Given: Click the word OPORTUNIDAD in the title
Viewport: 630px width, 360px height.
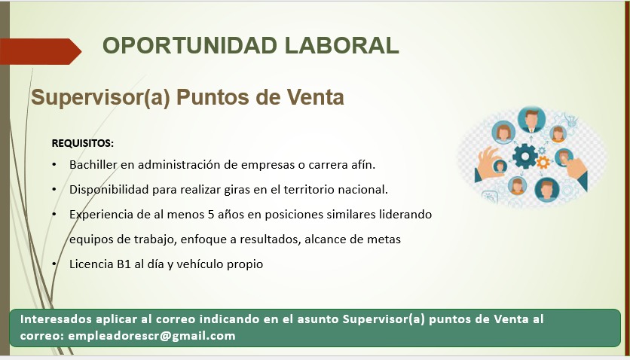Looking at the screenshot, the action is [190, 45].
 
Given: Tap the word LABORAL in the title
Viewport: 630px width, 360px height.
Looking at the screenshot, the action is [342, 45].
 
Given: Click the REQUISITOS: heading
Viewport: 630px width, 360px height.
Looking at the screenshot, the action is [83, 143].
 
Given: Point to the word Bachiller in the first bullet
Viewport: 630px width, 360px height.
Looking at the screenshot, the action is [93, 164].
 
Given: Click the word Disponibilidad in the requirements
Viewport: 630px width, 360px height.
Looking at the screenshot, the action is [109, 190].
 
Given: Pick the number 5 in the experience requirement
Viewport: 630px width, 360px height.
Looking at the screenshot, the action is [211, 215].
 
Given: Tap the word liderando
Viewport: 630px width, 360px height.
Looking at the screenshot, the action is [405, 214].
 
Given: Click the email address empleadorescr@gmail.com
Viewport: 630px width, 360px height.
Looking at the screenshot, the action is [151, 336].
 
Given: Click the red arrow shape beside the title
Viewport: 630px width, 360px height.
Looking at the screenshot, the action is [41, 51].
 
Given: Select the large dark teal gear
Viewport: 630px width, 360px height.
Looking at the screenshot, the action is [524, 157].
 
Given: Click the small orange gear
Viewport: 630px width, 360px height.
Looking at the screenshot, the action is [543, 163].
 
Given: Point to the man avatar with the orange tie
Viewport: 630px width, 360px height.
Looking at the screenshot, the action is [531, 120].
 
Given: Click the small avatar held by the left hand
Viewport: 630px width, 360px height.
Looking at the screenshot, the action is [500, 166].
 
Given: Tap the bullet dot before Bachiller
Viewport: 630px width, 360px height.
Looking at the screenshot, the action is [54, 164].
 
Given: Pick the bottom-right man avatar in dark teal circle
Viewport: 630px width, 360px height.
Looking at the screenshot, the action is [547, 190].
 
